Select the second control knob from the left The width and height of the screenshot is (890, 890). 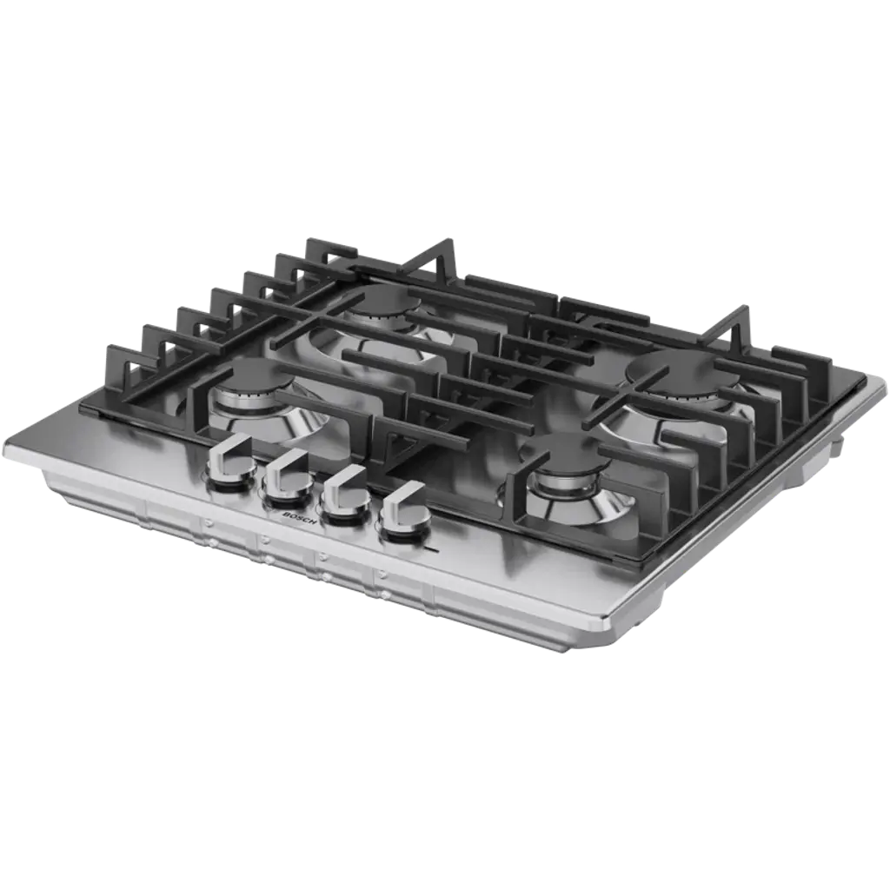click(x=287, y=477)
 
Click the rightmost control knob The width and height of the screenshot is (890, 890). click(x=404, y=509)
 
